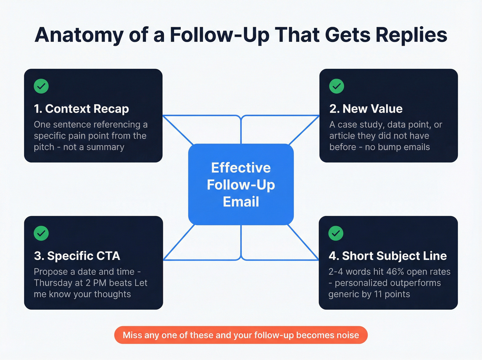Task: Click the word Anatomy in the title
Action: click(x=79, y=35)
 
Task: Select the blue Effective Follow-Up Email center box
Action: click(x=241, y=185)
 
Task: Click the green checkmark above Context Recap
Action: click(x=41, y=86)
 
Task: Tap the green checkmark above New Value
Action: click(x=336, y=86)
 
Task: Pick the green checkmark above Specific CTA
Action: click(x=41, y=233)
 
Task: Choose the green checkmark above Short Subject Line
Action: click(x=336, y=233)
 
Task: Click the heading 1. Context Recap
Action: click(x=81, y=109)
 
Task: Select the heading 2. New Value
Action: click(x=366, y=109)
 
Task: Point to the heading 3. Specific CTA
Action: click(x=77, y=256)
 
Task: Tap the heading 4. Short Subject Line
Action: click(x=387, y=256)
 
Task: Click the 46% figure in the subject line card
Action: click(x=395, y=272)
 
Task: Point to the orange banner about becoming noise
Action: click(x=241, y=335)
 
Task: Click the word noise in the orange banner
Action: click(x=348, y=335)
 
